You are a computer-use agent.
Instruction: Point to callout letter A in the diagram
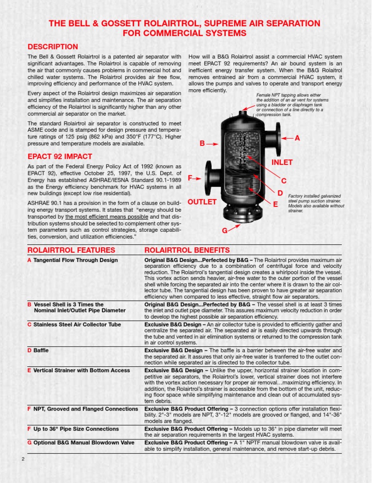click(297, 138)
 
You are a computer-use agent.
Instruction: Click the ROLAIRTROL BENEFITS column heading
click(187, 250)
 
